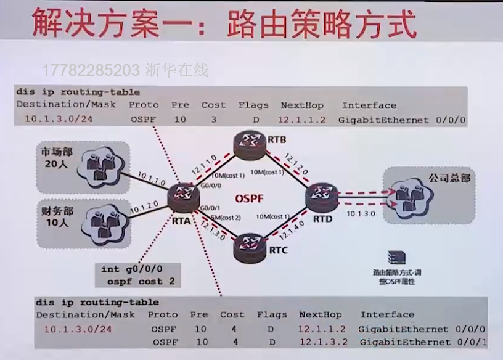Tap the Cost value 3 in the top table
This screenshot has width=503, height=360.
(213, 119)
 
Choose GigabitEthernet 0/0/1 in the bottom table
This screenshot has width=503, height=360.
(422, 342)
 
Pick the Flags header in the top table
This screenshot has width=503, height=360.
(253, 105)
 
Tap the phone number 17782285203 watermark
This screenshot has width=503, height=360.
(92, 70)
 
